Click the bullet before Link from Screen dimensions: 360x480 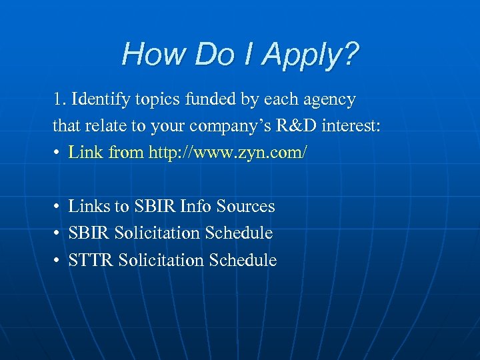58,153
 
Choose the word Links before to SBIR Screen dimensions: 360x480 90,207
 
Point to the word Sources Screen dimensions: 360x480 247,207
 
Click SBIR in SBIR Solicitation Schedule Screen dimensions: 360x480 89,233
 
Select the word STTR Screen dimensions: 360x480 91,260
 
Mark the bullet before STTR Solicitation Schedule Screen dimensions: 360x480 58,260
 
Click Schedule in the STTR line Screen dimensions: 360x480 243,260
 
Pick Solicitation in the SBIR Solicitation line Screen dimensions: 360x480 157,233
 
